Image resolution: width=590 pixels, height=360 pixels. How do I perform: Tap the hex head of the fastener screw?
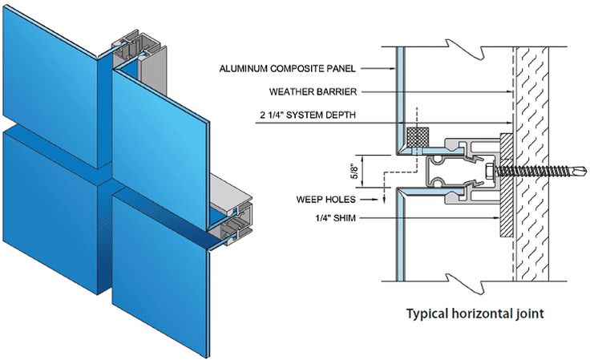[x=490, y=172]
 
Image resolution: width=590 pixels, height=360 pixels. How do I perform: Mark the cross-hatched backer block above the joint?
[x=416, y=138]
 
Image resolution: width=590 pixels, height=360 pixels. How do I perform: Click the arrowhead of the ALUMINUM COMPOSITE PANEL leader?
[x=398, y=69]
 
